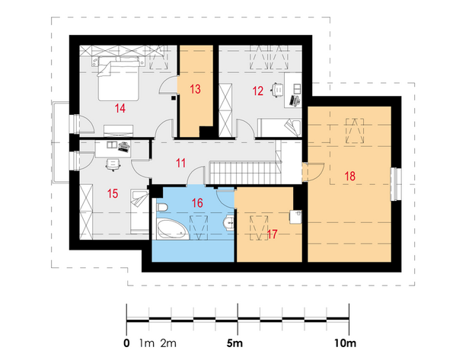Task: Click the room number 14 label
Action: pos(120,108)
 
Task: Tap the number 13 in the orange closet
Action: pos(195,89)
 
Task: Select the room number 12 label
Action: pos(258,91)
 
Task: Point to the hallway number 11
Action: pos(180,163)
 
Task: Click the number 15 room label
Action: pos(113,193)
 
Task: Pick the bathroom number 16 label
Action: pos(197,203)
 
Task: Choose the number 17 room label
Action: pos(272,234)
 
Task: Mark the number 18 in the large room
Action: pos(350,176)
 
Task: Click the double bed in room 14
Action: pos(118,78)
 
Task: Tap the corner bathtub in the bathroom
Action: pos(173,229)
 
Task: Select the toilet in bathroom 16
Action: pos(162,207)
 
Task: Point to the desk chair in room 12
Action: pos(278,90)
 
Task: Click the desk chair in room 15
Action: pos(113,164)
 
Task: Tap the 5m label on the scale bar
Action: pos(234,342)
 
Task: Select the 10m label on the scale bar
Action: pos(346,342)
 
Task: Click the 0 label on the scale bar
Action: pos(126,342)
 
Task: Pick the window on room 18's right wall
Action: pos(396,184)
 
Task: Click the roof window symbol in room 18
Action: pos(355,131)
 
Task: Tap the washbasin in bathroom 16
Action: pos(229,223)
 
